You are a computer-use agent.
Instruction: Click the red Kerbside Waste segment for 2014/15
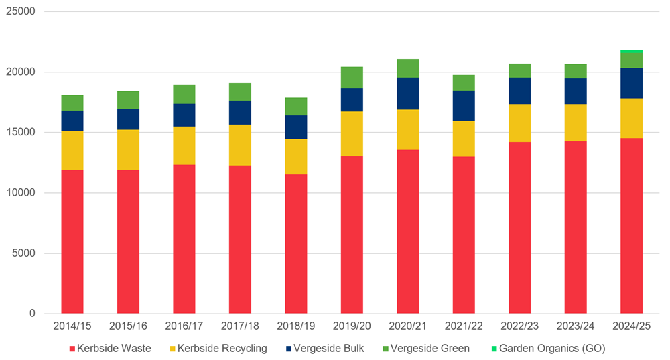pyautogui.click(x=72, y=241)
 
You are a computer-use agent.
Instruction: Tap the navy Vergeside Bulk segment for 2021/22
pyautogui.click(x=464, y=105)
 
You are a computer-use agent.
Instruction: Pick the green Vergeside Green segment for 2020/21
pyautogui.click(x=408, y=68)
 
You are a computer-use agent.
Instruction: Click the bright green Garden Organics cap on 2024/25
pyautogui.click(x=631, y=52)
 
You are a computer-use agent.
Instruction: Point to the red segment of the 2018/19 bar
pyautogui.click(x=296, y=244)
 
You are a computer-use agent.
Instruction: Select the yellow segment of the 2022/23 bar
pyautogui.click(x=520, y=123)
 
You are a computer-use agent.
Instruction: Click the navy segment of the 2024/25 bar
pyautogui.click(x=631, y=83)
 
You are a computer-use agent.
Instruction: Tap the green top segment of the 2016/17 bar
pyautogui.click(x=184, y=95)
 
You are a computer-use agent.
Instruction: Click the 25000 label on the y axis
pyautogui.click(x=20, y=12)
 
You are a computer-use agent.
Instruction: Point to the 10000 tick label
pyautogui.click(x=20, y=193)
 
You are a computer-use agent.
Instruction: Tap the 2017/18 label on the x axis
pyautogui.click(x=240, y=325)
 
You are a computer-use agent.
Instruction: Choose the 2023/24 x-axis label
pyautogui.click(x=576, y=325)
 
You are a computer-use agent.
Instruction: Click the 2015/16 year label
pyautogui.click(x=128, y=325)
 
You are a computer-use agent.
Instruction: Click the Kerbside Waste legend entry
pyautogui.click(x=113, y=348)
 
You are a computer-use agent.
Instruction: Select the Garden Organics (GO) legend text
pyautogui.click(x=552, y=348)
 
